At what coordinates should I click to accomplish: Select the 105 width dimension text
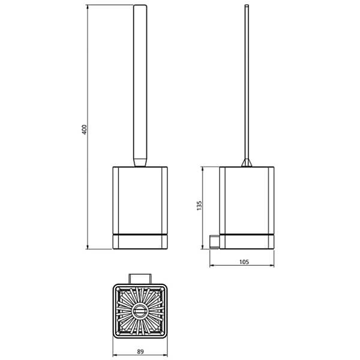[x=243, y=262]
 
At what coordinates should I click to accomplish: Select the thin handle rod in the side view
[x=247, y=84]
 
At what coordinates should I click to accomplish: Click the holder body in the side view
[x=247, y=198]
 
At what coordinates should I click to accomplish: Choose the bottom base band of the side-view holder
[x=247, y=241]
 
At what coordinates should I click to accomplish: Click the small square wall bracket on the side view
[x=214, y=242]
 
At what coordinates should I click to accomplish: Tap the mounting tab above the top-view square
[x=139, y=277]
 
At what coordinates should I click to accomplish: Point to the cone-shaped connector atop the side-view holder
[x=247, y=162]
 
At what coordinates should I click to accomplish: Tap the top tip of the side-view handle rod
[x=247, y=6]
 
